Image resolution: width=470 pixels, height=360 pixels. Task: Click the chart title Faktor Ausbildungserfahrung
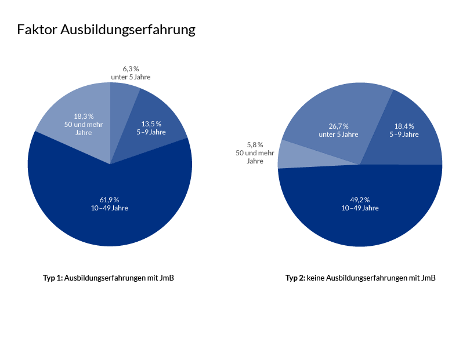106,30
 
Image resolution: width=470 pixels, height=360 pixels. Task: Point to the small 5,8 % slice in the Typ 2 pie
287,155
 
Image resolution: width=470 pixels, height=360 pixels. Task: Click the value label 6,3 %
131,69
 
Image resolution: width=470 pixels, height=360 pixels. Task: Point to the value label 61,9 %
109,199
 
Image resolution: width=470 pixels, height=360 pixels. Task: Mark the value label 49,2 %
360,199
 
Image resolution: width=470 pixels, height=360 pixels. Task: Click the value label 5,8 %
255,144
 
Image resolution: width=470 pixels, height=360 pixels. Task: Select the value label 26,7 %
338,126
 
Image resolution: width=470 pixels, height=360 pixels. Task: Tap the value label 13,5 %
151,123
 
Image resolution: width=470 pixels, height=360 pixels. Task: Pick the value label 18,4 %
404,126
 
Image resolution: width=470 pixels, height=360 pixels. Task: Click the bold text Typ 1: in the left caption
53,278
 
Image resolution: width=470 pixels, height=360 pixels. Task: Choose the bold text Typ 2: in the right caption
295,278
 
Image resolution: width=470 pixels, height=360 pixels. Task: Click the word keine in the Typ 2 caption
316,278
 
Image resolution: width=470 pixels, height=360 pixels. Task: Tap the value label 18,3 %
84,116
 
